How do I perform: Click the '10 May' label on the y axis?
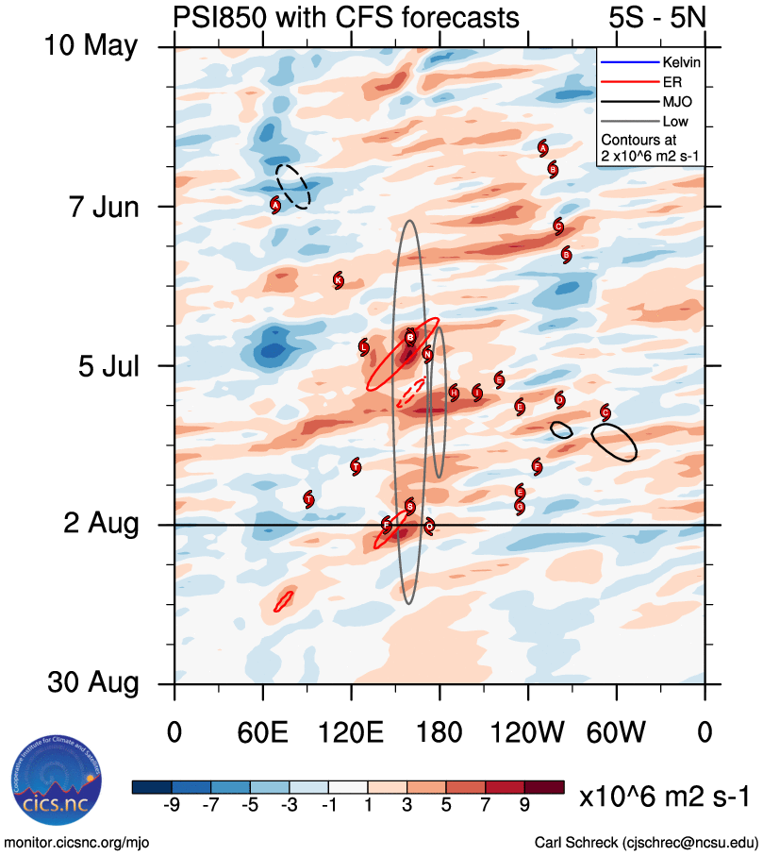click(91, 46)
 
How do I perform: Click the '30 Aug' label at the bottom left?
click(91, 683)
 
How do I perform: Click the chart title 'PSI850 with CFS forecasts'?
click(345, 18)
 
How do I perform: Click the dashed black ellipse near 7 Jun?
click(293, 185)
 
